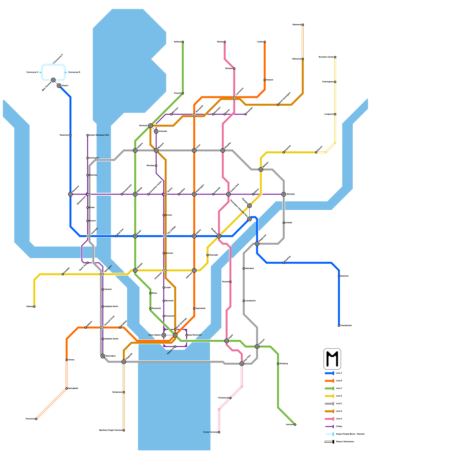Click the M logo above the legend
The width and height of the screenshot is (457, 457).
click(332, 359)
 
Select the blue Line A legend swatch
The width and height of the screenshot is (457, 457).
click(330, 373)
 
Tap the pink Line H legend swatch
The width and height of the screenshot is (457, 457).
click(330, 419)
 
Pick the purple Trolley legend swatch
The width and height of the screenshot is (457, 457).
click(330, 426)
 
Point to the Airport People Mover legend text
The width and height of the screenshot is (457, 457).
click(350, 434)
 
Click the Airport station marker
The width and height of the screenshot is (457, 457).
click(59, 86)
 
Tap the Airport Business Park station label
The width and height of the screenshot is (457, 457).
click(99, 135)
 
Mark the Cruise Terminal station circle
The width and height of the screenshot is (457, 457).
click(219, 432)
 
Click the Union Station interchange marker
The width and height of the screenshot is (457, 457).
click(164, 335)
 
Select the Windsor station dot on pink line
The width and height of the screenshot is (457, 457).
click(234, 69)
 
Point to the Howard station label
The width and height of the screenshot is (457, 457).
click(269, 80)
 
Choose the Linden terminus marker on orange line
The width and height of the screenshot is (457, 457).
click(265, 42)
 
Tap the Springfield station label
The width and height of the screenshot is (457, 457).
click(73, 388)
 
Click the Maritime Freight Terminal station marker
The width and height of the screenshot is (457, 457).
click(124, 430)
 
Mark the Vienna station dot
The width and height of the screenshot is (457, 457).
click(67, 360)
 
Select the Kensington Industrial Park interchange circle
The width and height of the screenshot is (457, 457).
click(249, 219)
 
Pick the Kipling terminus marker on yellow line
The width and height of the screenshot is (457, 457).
click(34, 306)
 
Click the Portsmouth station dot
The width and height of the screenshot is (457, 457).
click(230, 398)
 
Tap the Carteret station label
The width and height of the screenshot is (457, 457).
click(108, 289)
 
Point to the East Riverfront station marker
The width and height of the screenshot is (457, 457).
click(187, 335)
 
